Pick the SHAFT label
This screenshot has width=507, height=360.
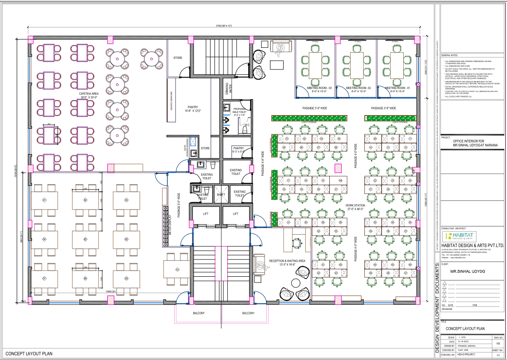[x=221, y=194]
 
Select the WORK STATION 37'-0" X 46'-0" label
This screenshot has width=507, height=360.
[x=356, y=207]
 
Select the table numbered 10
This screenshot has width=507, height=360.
[x=177, y=269]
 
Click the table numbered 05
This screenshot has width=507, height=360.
[x=85, y=240]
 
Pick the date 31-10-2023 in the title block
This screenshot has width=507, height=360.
[x=463, y=342]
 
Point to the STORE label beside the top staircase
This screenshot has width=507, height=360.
[x=178, y=58]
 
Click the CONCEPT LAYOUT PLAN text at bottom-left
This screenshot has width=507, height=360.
[x=29, y=354]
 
